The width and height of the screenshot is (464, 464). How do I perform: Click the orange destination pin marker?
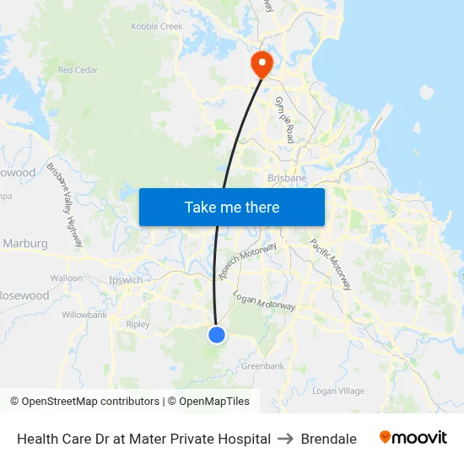coord(261,63)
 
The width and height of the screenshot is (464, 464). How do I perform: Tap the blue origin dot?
coord(217,335)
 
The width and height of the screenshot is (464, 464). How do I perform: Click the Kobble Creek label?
coord(157,27)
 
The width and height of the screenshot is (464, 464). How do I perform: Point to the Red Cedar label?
coord(78,70)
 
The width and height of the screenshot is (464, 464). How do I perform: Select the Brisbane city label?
coord(287,179)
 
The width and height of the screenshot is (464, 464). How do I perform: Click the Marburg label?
coord(25,244)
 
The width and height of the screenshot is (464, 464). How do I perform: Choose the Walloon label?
coord(67,278)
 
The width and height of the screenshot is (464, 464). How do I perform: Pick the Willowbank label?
coord(84,315)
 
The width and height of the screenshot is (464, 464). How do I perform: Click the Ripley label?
coord(138,324)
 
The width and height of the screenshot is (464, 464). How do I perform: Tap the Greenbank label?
coord(263,366)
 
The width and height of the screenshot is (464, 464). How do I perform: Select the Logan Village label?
coord(338,391)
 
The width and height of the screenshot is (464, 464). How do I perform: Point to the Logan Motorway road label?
coord(264,302)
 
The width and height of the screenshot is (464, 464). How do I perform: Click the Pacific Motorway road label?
coord(330,264)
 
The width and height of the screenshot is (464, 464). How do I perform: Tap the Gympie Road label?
coord(283,119)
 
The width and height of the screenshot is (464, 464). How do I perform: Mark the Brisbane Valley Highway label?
coord(65,204)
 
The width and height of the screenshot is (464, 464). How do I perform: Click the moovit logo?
coord(413,438)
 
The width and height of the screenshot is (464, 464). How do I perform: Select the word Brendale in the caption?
coord(328,439)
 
